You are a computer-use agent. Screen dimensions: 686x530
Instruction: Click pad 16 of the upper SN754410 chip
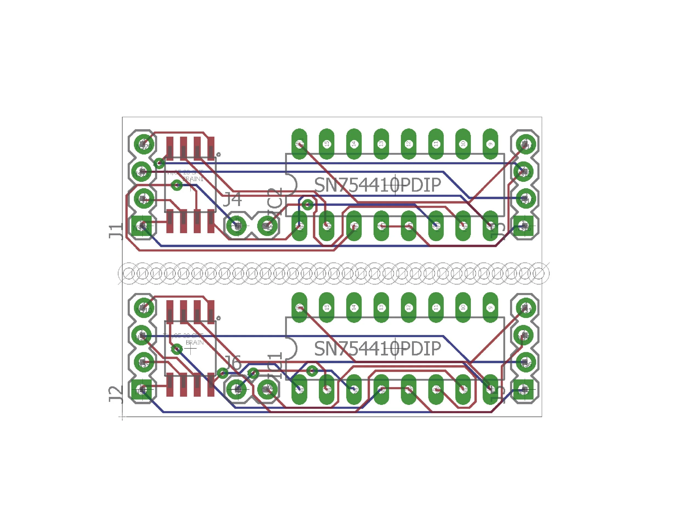[x=299, y=144]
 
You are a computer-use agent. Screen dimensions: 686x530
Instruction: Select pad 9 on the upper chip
[x=490, y=144]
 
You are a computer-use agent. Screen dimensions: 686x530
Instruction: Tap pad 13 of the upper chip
[x=381, y=144]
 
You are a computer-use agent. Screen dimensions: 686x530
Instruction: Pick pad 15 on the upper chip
[x=327, y=144]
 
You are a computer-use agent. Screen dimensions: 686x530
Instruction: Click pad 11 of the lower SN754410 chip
[x=436, y=308]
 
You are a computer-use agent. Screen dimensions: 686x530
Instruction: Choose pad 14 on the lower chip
[x=354, y=308]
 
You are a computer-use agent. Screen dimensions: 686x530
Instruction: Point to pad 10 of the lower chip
[x=463, y=308]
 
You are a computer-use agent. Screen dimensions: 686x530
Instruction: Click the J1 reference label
[x=116, y=232]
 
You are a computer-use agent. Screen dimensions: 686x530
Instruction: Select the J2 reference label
[x=116, y=395]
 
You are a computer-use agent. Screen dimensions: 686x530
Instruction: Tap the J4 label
[x=232, y=199]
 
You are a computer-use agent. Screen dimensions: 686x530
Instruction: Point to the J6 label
[x=232, y=363]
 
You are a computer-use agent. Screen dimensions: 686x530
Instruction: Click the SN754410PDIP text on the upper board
[x=378, y=185]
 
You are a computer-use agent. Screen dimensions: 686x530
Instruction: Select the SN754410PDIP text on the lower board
[x=378, y=348]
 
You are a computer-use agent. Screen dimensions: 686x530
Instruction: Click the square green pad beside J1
[x=141, y=226]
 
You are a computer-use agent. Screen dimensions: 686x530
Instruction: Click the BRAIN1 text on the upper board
[x=193, y=179]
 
